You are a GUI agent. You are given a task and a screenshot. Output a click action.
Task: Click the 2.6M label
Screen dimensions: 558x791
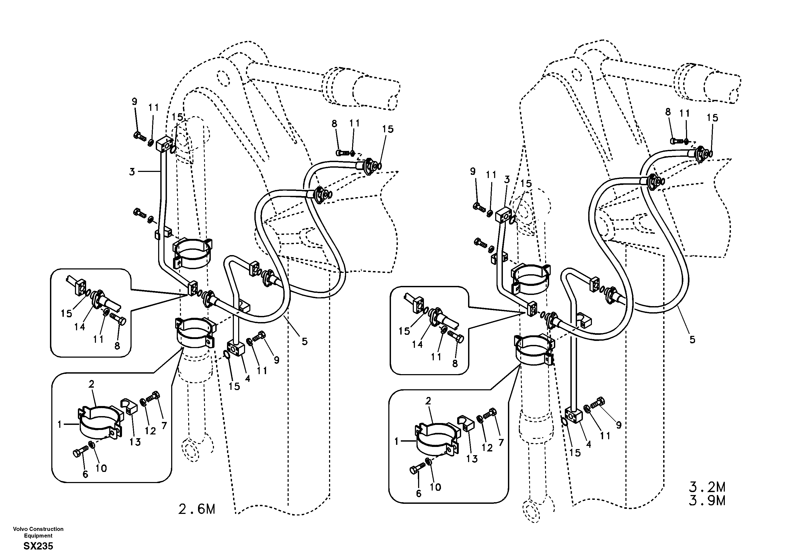(197, 509)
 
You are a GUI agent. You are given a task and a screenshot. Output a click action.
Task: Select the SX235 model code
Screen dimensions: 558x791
(38, 546)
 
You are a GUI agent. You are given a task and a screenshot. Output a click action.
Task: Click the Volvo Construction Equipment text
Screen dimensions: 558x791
(38, 532)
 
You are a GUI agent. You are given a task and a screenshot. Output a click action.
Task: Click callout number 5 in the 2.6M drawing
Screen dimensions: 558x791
(305, 341)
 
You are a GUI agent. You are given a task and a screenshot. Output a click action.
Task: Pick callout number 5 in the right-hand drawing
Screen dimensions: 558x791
(692, 340)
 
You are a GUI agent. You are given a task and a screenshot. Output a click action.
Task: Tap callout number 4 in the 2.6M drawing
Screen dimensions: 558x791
(247, 378)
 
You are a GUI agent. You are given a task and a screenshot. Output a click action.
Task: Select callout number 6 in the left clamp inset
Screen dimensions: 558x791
(85, 474)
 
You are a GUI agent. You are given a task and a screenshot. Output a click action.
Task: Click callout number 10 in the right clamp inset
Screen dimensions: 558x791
(435, 487)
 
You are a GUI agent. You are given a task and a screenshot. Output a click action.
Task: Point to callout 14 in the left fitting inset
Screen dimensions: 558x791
(79, 327)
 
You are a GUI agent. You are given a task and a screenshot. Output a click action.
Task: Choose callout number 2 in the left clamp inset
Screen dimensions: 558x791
(91, 384)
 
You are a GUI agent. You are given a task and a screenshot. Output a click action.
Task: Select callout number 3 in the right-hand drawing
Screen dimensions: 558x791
(507, 179)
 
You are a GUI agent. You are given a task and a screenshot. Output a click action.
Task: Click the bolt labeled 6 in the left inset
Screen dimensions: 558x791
(77, 453)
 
